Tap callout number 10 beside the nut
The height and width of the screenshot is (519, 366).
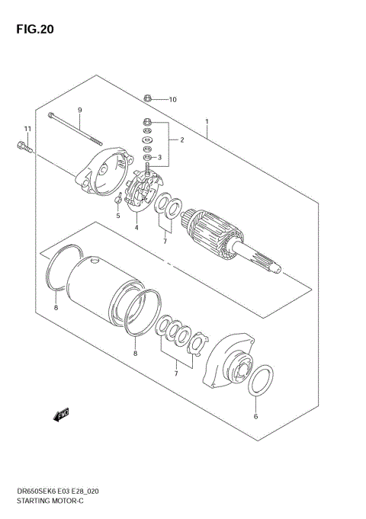point(172,99)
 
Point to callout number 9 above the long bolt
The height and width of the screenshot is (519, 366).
point(79,110)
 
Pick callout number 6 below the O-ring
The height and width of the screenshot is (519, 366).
point(256,416)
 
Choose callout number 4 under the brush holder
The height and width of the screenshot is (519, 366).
point(136,227)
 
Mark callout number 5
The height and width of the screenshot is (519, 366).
point(118,216)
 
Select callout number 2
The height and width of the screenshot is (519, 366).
point(181,139)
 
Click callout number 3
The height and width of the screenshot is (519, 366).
point(159,158)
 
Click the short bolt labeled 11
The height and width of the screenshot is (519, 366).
point(23,148)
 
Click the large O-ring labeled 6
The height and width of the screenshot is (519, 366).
point(261,379)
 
